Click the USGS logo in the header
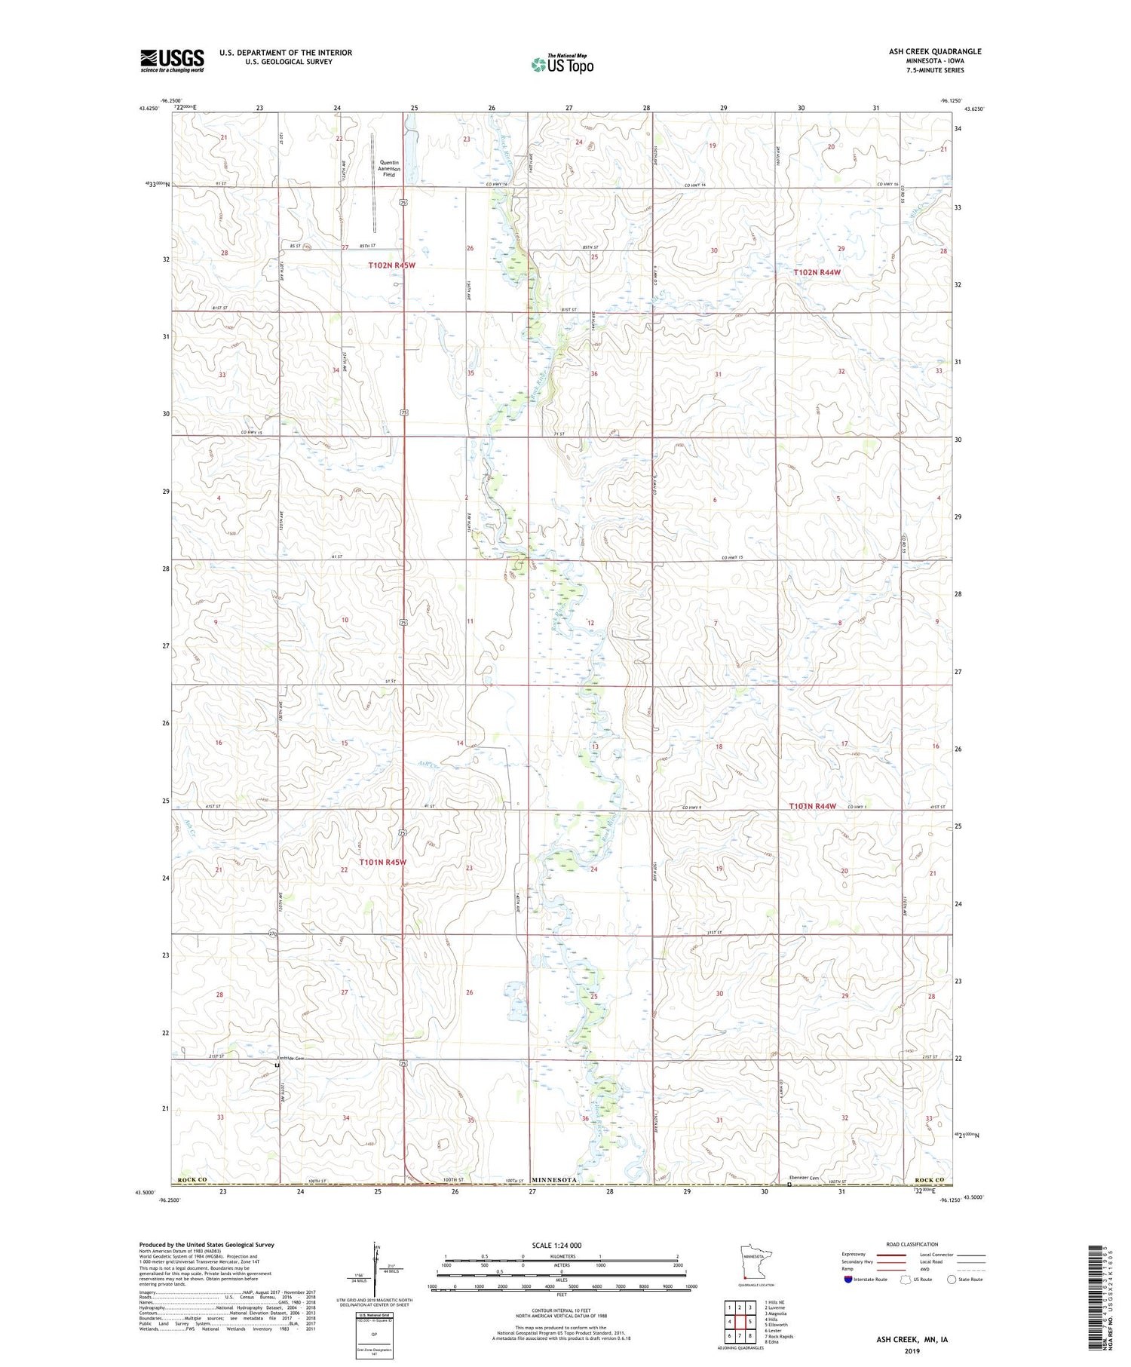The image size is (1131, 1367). pyautogui.click(x=172, y=60)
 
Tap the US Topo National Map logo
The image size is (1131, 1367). pyautogui.click(x=562, y=65)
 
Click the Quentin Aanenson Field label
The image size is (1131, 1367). pyautogui.click(x=389, y=168)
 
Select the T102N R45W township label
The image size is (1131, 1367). pyautogui.click(x=391, y=265)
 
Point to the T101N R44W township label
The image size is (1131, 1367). pyautogui.click(x=812, y=806)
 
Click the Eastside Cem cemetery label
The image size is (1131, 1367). pyautogui.click(x=290, y=1058)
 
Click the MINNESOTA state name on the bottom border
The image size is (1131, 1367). pyautogui.click(x=555, y=1179)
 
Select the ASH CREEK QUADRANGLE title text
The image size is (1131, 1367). pyautogui.click(x=935, y=51)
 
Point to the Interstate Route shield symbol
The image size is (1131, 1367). pyautogui.click(x=848, y=1280)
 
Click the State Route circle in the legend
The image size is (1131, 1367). pyautogui.click(x=952, y=1280)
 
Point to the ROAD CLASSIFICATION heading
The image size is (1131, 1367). pyautogui.click(x=912, y=1244)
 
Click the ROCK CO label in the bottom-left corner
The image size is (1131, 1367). pyautogui.click(x=192, y=1179)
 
